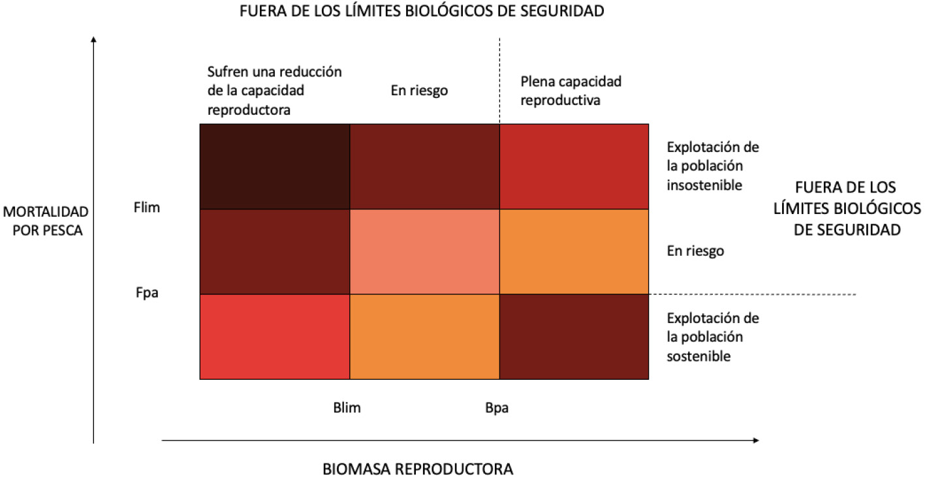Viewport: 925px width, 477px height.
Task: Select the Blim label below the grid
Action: [347, 408]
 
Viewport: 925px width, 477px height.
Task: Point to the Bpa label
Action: [497, 408]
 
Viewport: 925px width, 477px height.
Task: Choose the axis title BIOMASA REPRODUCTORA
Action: [418, 469]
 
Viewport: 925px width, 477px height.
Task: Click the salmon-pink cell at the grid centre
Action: [424, 252]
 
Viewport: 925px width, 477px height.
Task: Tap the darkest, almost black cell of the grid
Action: [275, 166]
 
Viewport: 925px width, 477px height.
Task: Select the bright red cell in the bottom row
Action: [275, 337]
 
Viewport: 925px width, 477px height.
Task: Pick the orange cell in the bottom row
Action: [424, 337]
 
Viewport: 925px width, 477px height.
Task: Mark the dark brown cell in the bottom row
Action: [574, 337]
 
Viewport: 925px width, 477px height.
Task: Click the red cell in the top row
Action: [574, 166]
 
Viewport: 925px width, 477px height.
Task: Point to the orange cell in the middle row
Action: [574, 252]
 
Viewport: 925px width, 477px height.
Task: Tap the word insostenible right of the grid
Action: [704, 185]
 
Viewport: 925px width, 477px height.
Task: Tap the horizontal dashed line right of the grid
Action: [751, 295]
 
